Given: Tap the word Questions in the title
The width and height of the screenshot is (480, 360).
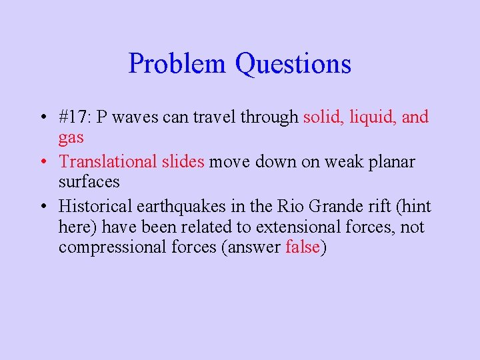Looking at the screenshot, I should (x=293, y=64).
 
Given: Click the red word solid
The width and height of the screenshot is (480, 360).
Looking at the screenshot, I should (x=323, y=117).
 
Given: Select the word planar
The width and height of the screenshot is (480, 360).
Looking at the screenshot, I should (x=391, y=161).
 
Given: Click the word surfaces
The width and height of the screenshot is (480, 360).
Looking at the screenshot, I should (x=89, y=182).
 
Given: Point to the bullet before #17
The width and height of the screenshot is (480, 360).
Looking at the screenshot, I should (x=42, y=118).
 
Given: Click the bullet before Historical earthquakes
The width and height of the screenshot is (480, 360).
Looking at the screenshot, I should (x=42, y=207).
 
